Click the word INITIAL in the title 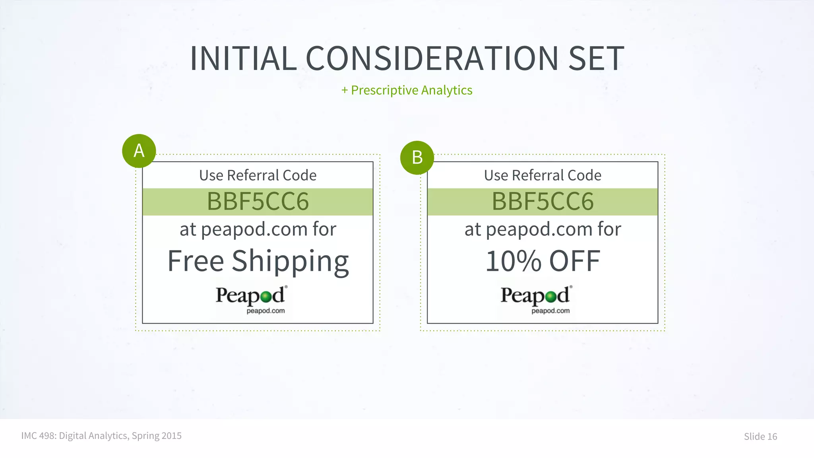pyautogui.click(x=243, y=59)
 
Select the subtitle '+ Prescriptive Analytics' pyautogui.click(x=407, y=90)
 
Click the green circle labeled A pyautogui.click(x=139, y=151)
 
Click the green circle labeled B pyautogui.click(x=417, y=157)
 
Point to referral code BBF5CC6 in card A pyautogui.click(x=258, y=202)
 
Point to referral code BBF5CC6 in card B pyautogui.click(x=543, y=202)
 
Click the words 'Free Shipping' pyautogui.click(x=258, y=261)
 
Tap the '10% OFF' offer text pyautogui.click(x=543, y=261)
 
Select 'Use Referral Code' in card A pyautogui.click(x=258, y=175)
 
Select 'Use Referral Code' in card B pyautogui.click(x=543, y=175)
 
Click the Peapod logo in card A pyautogui.click(x=251, y=299)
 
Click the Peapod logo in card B pyautogui.click(x=536, y=299)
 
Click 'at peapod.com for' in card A pyautogui.click(x=258, y=229)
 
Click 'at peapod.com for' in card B pyautogui.click(x=543, y=229)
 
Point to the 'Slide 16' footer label pyautogui.click(x=760, y=437)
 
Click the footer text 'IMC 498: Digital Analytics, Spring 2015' pyautogui.click(x=101, y=436)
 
